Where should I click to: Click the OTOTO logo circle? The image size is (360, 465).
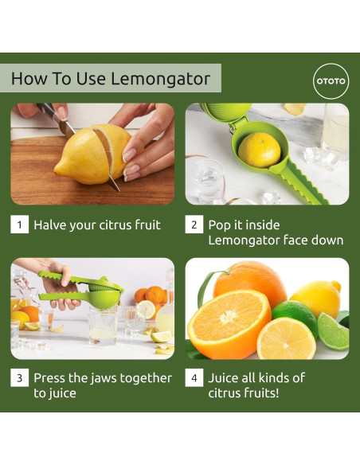tap(331, 81)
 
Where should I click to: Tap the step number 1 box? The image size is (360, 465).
tap(20, 225)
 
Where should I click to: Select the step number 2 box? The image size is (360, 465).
tap(194, 225)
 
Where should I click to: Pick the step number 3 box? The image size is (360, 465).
tap(20, 377)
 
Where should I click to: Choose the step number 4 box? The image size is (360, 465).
tap(194, 377)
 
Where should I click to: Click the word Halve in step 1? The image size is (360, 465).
tap(50, 225)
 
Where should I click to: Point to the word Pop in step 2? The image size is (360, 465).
tap(219, 225)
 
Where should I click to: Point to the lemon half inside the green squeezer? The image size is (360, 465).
tap(259, 150)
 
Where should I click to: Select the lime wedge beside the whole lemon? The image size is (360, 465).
tap(333, 330)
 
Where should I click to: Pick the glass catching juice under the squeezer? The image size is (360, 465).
tap(103, 326)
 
